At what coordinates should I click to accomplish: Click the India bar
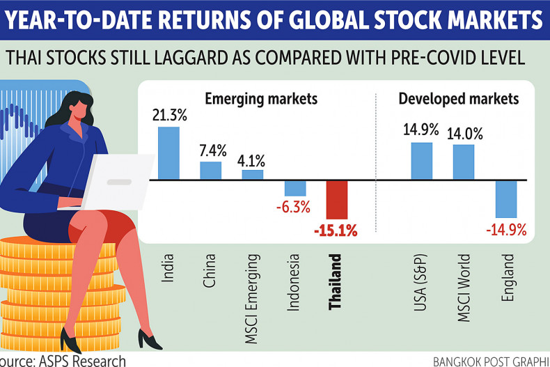[x=168, y=153]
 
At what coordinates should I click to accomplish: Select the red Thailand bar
[x=337, y=200]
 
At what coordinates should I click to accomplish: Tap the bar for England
[x=506, y=198]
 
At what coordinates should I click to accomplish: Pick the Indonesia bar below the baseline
[x=295, y=188]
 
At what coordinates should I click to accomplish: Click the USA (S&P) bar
[x=422, y=160]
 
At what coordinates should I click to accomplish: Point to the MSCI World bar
[x=464, y=162]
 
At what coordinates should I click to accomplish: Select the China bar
[x=211, y=170]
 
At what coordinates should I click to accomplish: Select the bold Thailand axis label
[x=337, y=285]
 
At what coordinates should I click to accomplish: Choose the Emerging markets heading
[x=261, y=99]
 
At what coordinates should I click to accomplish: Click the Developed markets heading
[x=458, y=99]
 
